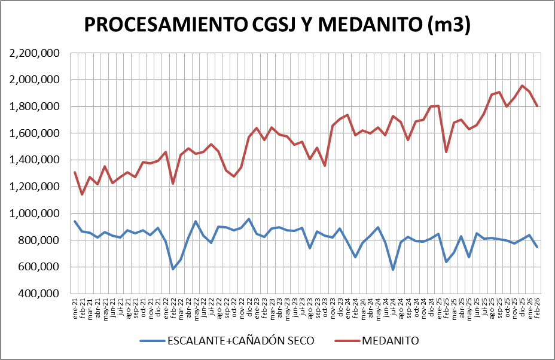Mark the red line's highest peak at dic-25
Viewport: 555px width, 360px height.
click(x=522, y=86)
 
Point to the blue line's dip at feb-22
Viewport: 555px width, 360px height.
click(x=173, y=269)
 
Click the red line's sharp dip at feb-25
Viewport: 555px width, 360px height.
click(x=446, y=152)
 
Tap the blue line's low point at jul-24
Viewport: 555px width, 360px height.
click(x=393, y=270)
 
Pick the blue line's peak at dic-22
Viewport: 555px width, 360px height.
click(x=249, y=219)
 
